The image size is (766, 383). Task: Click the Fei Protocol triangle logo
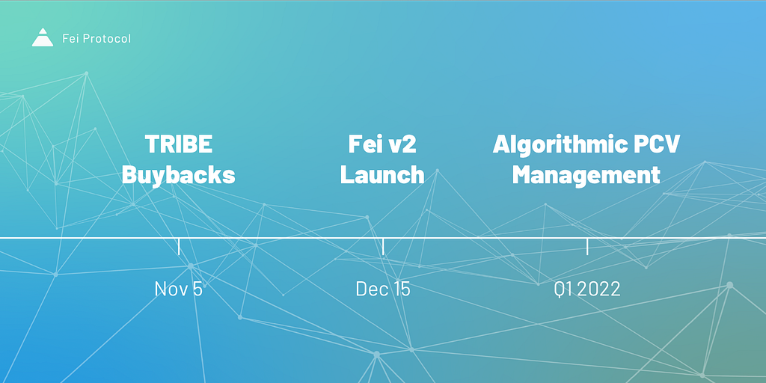coord(43,37)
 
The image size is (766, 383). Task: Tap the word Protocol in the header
coord(106,39)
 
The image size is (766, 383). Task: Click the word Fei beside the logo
coord(70,38)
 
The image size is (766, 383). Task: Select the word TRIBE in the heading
coord(179,144)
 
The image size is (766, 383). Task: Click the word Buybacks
coord(178,175)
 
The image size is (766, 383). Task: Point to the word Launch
coord(382,175)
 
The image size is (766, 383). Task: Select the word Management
coord(586,175)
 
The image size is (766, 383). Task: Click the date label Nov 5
coord(178,289)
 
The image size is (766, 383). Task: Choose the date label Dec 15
coord(383,289)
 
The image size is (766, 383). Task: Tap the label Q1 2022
coord(587,289)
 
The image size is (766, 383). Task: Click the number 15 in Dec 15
coord(402,289)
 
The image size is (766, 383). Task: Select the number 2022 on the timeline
coord(599,289)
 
